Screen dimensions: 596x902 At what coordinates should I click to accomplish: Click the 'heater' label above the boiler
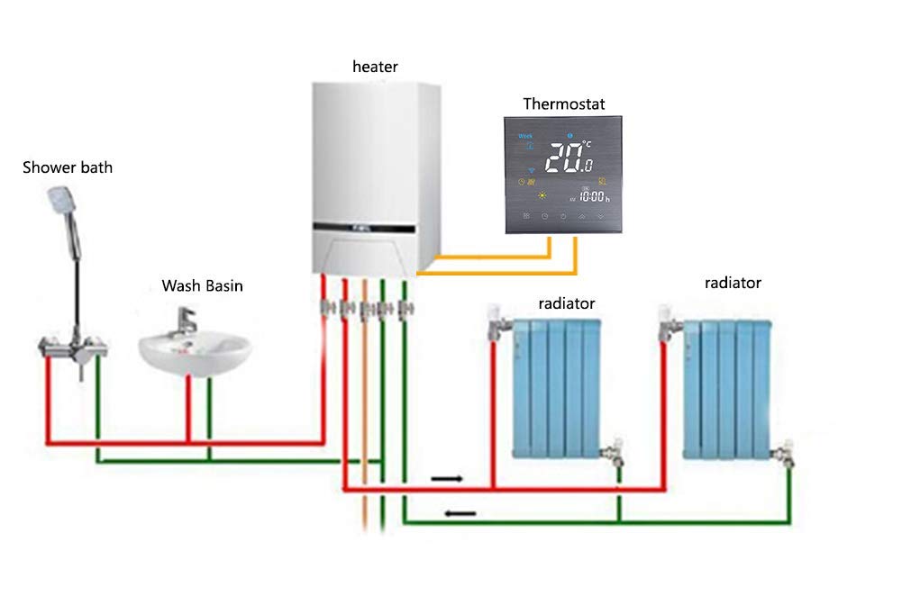[x=375, y=67]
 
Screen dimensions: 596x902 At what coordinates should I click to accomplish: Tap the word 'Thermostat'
[x=564, y=104]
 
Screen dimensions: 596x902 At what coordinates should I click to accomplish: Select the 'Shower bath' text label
[x=68, y=167]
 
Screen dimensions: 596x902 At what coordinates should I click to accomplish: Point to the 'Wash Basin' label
[x=202, y=286]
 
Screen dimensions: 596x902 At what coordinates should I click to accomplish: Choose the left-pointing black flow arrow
[x=460, y=514]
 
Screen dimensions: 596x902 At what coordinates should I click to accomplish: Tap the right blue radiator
[x=728, y=387]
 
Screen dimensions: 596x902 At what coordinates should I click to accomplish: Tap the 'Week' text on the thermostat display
[x=524, y=137]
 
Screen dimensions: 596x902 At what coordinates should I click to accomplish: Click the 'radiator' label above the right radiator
[x=733, y=283]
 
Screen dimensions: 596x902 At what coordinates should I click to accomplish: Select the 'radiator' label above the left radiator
[x=567, y=303]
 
